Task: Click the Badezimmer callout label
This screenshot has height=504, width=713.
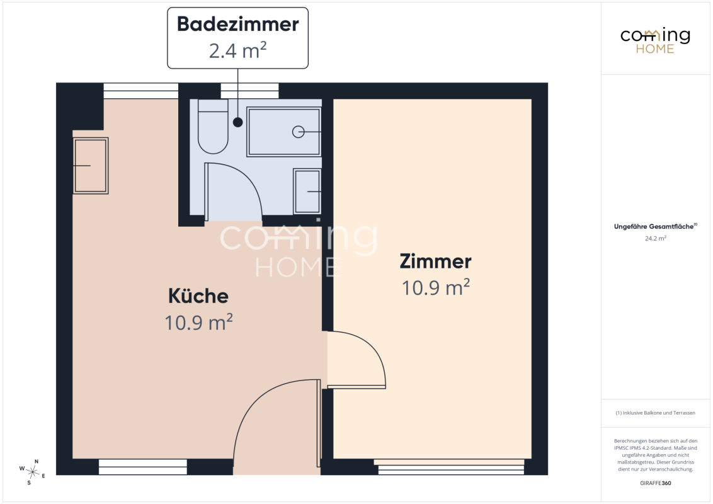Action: click(x=238, y=38)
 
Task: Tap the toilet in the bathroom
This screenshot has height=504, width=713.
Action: click(x=213, y=127)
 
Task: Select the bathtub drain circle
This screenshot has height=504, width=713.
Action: click(x=299, y=132)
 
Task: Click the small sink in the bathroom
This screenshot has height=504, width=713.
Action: click(x=307, y=191)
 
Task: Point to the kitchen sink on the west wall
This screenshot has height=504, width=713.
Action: click(x=91, y=166)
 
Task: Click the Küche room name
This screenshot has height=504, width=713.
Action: click(x=198, y=296)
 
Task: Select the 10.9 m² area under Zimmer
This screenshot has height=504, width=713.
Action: click(x=436, y=287)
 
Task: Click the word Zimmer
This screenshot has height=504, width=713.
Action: click(x=436, y=261)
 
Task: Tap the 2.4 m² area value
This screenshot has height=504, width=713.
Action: click(x=238, y=50)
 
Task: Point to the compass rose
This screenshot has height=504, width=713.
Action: click(x=32, y=472)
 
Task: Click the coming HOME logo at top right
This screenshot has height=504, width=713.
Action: click(x=655, y=40)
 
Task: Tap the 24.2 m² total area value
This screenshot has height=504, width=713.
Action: click(x=655, y=238)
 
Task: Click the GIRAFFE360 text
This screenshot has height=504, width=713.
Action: click(x=655, y=483)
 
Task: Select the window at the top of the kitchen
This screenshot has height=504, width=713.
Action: click(x=141, y=91)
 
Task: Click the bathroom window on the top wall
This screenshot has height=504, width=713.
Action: click(x=249, y=91)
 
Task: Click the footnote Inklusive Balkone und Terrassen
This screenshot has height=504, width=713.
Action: click(x=655, y=413)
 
